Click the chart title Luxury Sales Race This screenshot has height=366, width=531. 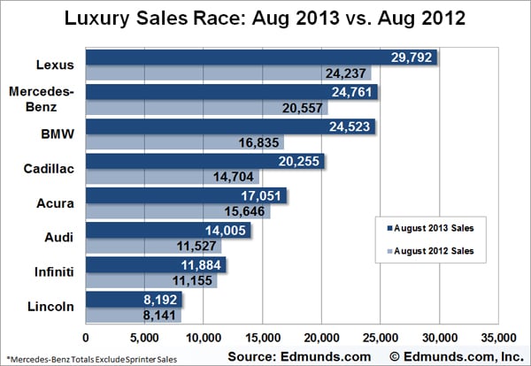pyautogui.click(x=265, y=19)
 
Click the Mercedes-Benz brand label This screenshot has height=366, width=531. pyautogui.click(x=44, y=99)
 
